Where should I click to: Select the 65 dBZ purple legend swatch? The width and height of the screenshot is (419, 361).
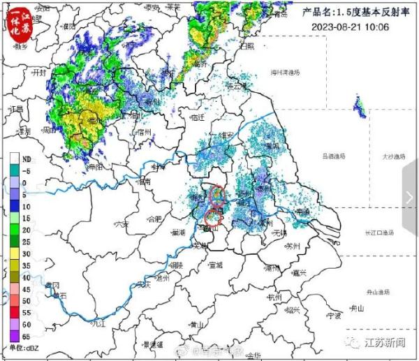(x=15, y=336)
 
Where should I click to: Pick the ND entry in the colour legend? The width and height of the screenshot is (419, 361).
(x=15, y=159)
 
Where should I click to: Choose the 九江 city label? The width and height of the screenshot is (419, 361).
(x=98, y=323)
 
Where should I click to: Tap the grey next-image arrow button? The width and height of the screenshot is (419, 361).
(x=409, y=198)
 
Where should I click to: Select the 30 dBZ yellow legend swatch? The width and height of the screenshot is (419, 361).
(x=15, y=253)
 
